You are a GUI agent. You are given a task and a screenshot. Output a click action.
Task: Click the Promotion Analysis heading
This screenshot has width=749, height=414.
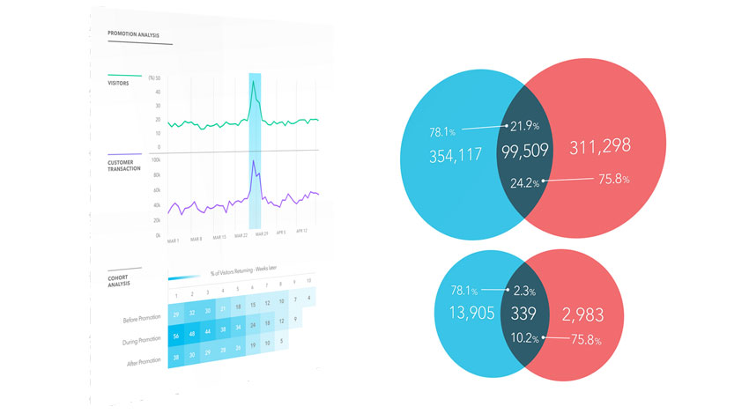click(134, 34)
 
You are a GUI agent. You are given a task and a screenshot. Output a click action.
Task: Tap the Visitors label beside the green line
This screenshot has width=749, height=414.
click(119, 85)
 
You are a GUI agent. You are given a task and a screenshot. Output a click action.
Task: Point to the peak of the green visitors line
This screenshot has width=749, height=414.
click(254, 82)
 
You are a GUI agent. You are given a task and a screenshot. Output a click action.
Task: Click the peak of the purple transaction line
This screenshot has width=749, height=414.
click(253, 161)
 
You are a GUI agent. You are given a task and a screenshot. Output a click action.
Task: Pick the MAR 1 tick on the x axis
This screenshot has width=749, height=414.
click(173, 240)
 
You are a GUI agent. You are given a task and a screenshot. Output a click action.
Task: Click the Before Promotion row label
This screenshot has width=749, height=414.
click(138, 314)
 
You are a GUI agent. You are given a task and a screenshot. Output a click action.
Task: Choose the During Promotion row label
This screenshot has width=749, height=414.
click(137, 339)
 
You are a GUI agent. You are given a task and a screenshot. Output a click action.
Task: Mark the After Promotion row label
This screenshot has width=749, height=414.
click(138, 364)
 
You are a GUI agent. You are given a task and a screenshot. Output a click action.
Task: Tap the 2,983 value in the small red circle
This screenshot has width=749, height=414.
click(581, 314)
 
